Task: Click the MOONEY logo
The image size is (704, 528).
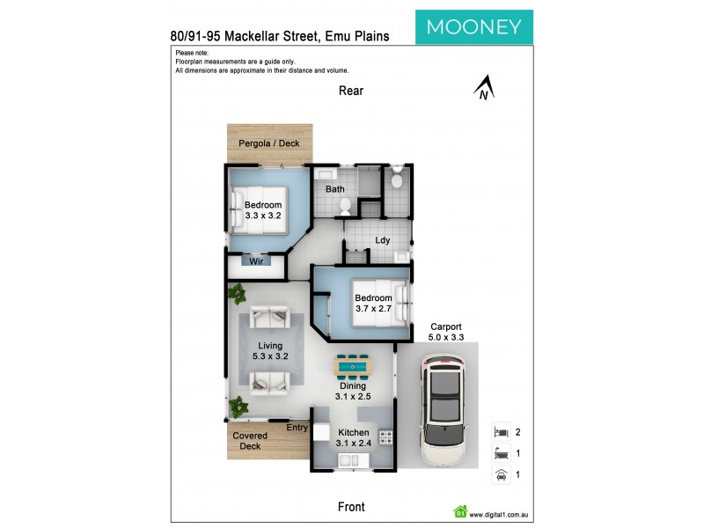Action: coord(473,26)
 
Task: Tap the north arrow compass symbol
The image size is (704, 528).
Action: coord(482,89)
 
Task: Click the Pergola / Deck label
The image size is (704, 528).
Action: coord(269,143)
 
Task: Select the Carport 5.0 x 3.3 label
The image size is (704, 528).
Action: coord(445,331)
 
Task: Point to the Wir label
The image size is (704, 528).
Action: coord(257,261)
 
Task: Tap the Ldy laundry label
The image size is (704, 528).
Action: coord(383,238)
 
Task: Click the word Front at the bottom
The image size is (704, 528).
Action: coord(351,507)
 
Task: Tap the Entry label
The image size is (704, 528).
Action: coord(297,427)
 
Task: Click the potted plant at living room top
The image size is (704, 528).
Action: coord(237,293)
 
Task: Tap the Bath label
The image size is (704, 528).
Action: coord(334,188)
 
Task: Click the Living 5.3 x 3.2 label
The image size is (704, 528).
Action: coord(270,350)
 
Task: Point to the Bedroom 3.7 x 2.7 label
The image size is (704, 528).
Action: coord(372,304)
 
